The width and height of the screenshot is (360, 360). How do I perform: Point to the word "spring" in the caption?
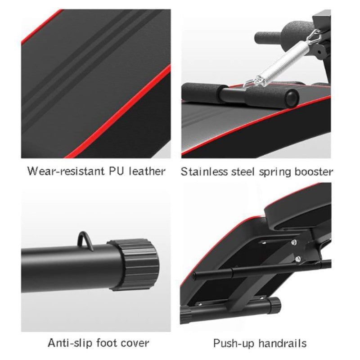click(275, 173)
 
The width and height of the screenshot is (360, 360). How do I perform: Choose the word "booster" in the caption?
click(314, 172)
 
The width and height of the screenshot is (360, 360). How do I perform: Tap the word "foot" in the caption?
click(106, 343)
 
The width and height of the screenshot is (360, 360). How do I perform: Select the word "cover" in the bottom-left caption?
click(135, 344)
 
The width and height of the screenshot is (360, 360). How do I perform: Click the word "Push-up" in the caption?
click(234, 344)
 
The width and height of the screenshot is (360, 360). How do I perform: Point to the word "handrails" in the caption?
click(283, 343)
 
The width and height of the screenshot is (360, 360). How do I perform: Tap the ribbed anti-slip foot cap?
click(134, 264)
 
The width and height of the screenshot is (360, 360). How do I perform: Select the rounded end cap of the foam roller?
click(292, 98)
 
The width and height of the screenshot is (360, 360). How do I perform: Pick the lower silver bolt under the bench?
click(298, 259)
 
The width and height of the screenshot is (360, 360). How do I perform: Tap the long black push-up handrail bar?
click(262, 269)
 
